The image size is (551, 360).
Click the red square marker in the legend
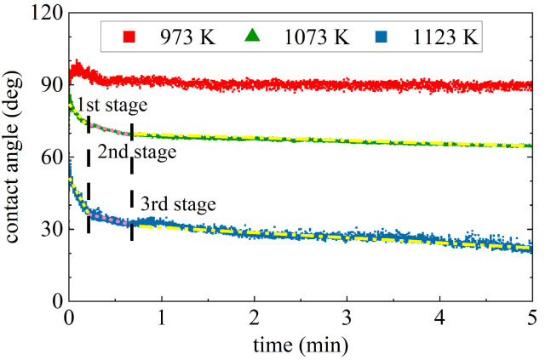pos(129,38)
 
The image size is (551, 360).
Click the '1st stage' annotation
pos(113,106)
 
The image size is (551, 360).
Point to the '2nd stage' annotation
pos(136,153)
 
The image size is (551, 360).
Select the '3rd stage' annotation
pos(178,204)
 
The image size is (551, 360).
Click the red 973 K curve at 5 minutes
pos(531,86)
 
